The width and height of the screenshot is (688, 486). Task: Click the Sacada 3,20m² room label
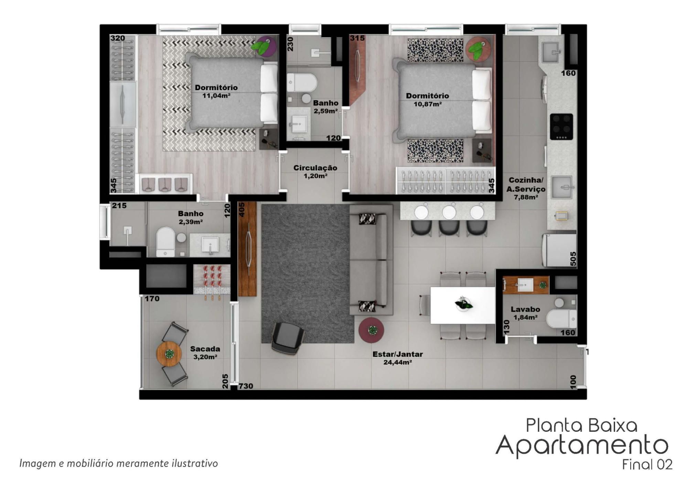tap(205, 353)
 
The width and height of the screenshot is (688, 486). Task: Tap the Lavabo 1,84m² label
tap(525, 313)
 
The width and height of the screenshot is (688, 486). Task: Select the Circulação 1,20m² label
tap(315, 172)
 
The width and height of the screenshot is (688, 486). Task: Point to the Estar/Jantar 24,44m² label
tap(398, 358)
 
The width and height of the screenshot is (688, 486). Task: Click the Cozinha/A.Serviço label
tap(526, 185)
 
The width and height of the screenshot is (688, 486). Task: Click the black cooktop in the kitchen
tap(561, 127)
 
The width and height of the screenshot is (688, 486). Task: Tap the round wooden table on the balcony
tap(169, 354)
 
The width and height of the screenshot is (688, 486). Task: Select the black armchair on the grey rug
tap(288, 338)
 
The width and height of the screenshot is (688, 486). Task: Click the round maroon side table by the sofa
tap(372, 330)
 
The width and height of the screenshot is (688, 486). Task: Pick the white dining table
tap(463, 305)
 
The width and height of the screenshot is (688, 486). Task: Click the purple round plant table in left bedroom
tap(265, 47)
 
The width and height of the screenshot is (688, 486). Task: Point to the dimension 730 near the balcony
tap(246, 386)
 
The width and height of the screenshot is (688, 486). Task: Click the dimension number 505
tap(573, 259)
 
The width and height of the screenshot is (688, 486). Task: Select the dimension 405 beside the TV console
tap(241, 209)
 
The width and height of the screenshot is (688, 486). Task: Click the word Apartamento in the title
tap(582, 445)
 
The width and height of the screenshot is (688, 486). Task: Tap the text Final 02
tap(647, 465)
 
